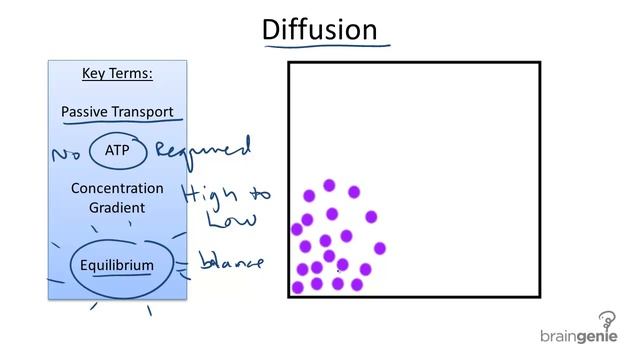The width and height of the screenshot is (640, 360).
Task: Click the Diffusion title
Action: click(x=319, y=29)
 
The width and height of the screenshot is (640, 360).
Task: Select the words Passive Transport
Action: click(x=117, y=111)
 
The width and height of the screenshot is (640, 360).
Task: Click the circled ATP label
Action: click(x=117, y=150)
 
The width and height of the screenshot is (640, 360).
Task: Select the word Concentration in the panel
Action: click(x=117, y=188)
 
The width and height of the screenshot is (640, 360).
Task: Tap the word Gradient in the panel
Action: click(x=117, y=207)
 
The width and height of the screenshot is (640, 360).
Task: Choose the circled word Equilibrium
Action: click(x=118, y=266)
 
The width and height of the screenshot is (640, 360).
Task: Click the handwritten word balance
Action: click(x=231, y=263)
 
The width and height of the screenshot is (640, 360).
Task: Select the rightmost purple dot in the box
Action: click(x=380, y=248)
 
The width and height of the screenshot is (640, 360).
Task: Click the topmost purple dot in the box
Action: click(x=329, y=185)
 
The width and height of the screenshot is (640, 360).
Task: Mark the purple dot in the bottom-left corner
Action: click(x=297, y=288)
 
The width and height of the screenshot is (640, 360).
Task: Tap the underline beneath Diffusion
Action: click(x=324, y=46)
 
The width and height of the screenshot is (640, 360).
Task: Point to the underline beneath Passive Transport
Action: click(x=120, y=124)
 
